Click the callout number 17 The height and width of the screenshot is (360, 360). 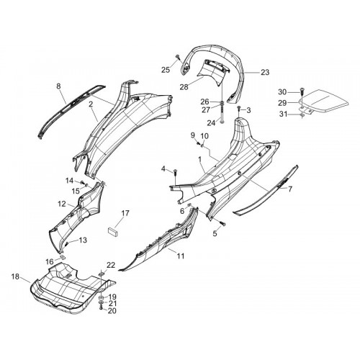click(125, 213)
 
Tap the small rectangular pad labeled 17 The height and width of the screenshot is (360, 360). click(113, 233)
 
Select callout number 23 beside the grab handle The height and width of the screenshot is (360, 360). click(265, 72)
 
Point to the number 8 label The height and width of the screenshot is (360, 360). click(58, 86)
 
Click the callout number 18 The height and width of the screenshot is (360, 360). click(15, 276)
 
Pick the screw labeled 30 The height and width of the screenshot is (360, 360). click(301, 91)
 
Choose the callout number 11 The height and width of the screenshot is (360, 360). click(181, 256)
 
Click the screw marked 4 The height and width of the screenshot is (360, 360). click(175, 172)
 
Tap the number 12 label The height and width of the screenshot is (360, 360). click(62, 204)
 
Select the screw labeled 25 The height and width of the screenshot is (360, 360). click(178, 57)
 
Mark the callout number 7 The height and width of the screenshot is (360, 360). click(290, 189)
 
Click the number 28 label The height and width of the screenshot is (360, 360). click(184, 87)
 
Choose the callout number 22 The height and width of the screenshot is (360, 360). click(111, 265)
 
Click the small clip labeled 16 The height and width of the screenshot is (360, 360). click(63, 258)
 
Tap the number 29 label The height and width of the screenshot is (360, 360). click(282, 103)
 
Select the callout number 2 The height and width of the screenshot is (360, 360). click(91, 104)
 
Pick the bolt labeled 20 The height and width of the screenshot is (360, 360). click(101, 308)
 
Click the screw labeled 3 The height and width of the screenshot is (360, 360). click(239, 109)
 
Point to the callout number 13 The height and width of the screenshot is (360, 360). click(83, 240)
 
